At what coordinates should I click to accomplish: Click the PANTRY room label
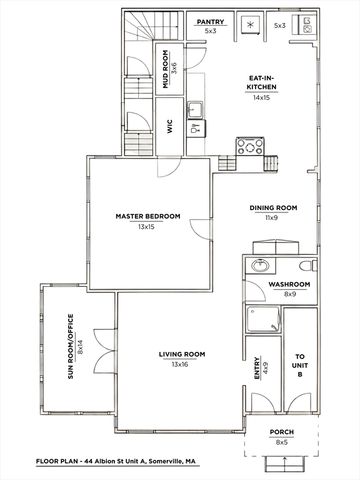point(209,21)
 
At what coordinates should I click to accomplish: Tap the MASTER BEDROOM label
point(146,217)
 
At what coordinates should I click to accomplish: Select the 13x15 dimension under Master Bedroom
point(146,227)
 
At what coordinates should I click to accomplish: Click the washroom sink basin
point(259,267)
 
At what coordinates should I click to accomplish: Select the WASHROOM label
point(290,285)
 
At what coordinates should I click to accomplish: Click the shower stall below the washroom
point(259,320)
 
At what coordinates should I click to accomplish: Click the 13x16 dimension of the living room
point(181,365)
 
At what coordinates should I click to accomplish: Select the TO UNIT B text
point(299,363)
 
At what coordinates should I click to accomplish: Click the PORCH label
point(282,433)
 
